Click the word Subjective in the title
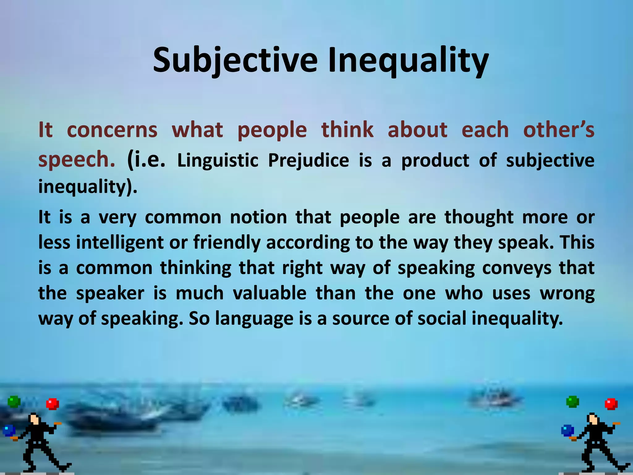tap(235, 60)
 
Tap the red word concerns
tap(112, 130)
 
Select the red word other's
tap(559, 130)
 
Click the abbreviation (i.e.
tap(146, 160)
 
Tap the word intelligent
tap(120, 242)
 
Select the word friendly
tap(227, 242)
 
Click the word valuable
tap(269, 293)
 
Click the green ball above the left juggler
tap(14, 402)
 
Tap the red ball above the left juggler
tap(52, 404)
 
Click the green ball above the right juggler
tap(572, 402)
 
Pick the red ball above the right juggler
tap(611, 404)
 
